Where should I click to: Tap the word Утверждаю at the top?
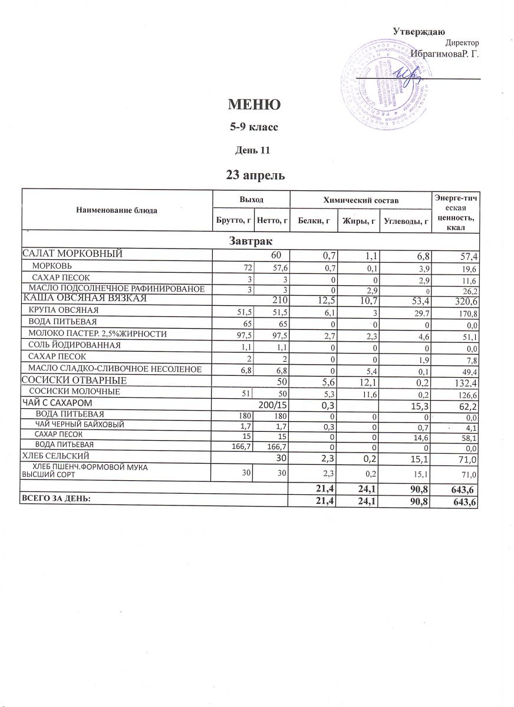point(419,31)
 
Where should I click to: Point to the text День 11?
point(253,149)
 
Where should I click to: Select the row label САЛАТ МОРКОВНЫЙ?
point(71,254)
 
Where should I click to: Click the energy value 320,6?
point(462,299)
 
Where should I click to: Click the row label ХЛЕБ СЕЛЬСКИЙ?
point(55,455)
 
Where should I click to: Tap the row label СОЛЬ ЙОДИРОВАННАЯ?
point(75,345)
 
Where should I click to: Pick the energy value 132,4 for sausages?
point(462,381)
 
